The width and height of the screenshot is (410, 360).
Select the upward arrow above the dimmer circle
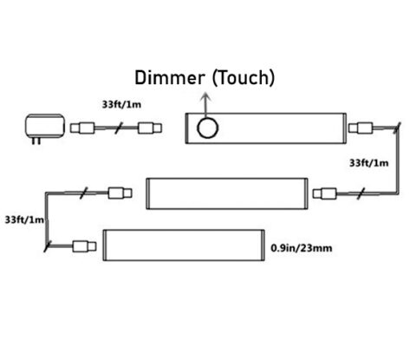tap(205, 103)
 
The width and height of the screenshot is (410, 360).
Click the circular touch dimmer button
tap(208, 129)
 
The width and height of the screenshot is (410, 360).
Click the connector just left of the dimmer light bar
tap(148, 128)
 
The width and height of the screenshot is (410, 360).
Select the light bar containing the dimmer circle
tap(267, 128)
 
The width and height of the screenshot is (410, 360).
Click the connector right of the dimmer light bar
tap(361, 128)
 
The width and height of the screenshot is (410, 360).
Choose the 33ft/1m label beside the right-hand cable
tap(368, 161)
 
